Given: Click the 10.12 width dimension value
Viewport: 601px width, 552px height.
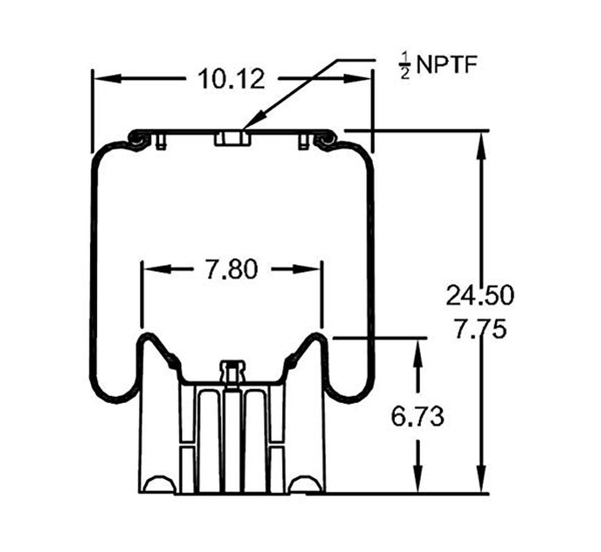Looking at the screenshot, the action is pos(231,79).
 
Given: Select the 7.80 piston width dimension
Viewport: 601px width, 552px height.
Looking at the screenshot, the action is pos(231,269).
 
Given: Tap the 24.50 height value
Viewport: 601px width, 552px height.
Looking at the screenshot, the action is pos(480,295).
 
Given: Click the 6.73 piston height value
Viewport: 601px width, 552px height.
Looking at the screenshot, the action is pos(418,416).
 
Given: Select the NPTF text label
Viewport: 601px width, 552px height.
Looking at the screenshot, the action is pos(447,65).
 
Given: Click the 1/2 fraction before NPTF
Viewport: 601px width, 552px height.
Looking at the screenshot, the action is pos(405,66).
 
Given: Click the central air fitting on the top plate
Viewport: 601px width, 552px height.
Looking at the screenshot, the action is pos(233,139).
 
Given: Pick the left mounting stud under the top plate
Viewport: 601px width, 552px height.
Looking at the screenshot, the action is pos(161,142).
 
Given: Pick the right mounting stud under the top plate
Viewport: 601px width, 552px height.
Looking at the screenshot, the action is pos(304,142).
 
